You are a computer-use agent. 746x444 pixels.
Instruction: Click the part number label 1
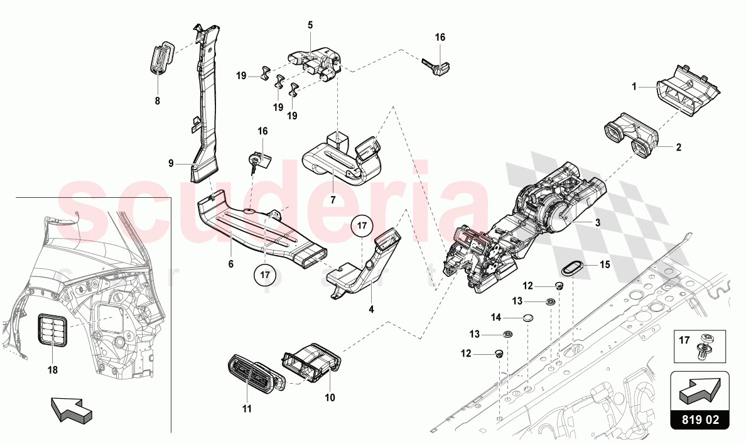click(634, 87)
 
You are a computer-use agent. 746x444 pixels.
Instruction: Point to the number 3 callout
click(598, 222)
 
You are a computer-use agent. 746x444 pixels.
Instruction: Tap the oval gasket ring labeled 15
click(572, 268)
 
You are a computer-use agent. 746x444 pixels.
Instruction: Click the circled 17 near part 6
click(265, 274)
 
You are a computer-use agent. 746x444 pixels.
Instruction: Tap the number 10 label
click(330, 398)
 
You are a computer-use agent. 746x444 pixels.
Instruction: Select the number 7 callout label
click(333, 200)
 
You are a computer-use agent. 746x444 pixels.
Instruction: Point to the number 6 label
click(230, 264)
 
